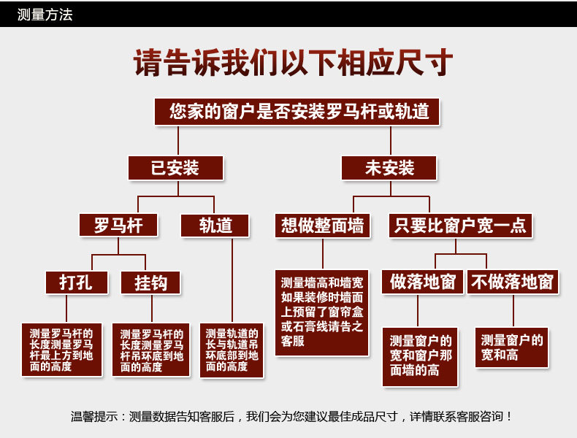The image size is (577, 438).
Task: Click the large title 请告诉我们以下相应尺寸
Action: pyautogui.click(x=293, y=63)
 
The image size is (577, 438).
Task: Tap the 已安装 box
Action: pyautogui.click(x=175, y=168)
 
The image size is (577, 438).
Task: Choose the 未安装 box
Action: pyautogui.click(x=389, y=168)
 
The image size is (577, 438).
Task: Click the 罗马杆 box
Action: pyautogui.click(x=118, y=225)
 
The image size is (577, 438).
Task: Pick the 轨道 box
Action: pyautogui.click(x=215, y=225)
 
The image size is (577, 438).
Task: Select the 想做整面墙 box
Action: pyautogui.click(x=323, y=225)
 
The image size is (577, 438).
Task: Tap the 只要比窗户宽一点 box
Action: pyautogui.click(x=460, y=225)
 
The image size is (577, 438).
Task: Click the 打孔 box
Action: pyautogui.click(x=76, y=282)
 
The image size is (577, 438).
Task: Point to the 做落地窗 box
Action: pyautogui.click(x=422, y=282)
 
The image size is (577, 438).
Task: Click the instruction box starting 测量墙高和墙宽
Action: pyautogui.click(x=322, y=312)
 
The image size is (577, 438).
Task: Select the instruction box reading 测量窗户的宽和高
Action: pyautogui.click(x=512, y=347)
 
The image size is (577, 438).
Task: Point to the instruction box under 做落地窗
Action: pyautogui.click(x=421, y=356)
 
